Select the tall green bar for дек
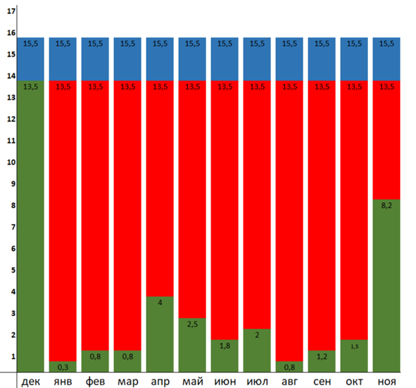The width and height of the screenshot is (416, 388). tap(30, 227)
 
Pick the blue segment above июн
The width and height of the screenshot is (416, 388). tap(225, 59)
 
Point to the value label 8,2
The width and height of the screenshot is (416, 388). tap(387, 207)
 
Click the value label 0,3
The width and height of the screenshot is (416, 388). tap(63, 367)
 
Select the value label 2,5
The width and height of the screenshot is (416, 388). tap(193, 325)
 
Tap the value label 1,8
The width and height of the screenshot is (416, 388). tap(225, 346)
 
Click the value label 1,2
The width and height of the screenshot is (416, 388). tap(322, 357)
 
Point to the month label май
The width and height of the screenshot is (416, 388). tap(193, 381)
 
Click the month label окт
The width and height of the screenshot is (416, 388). tap(354, 381)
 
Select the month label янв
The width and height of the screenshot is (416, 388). tap(63, 381)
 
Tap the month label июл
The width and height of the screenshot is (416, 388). tap(257, 381)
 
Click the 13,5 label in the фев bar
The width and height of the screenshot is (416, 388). tap(95, 86)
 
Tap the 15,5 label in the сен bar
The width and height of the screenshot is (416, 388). tap(322, 43)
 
